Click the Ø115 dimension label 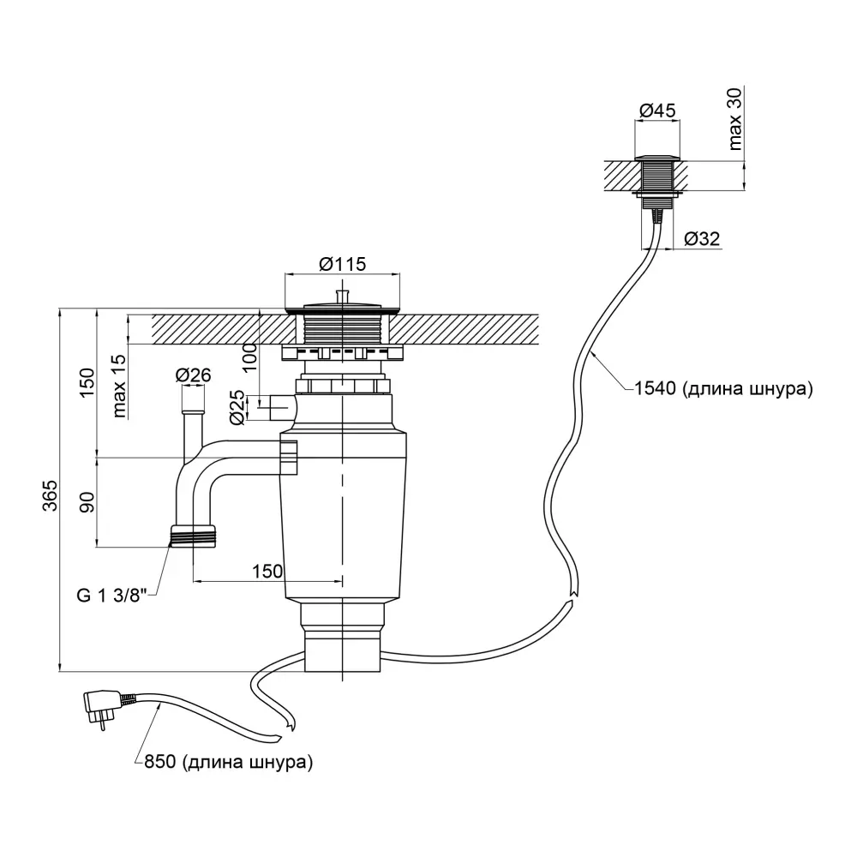coord(343,264)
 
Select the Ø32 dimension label coord(704,241)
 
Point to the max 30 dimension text coord(736,119)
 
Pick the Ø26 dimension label coord(193,375)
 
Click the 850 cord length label coord(223,761)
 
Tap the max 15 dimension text coord(119,387)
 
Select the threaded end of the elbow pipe coord(192,536)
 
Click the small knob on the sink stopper coord(343,296)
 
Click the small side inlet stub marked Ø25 coord(278,403)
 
